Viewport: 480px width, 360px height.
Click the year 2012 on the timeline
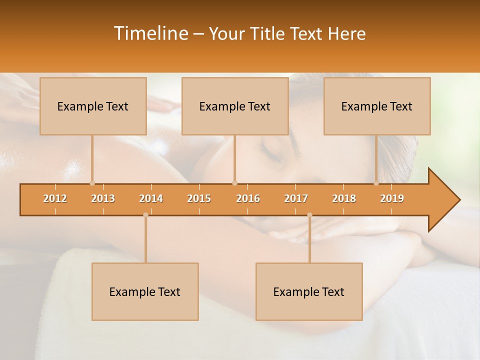pos(55,198)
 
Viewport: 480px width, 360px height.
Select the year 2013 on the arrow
pos(103,198)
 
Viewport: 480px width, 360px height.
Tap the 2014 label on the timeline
pos(151,198)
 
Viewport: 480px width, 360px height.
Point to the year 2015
pos(199,198)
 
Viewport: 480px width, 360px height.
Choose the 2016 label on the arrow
pos(248,198)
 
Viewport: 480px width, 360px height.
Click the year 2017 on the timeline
pos(296,198)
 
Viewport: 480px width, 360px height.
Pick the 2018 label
pos(344,198)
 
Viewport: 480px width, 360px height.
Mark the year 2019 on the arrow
pos(392,198)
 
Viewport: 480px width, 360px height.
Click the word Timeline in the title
pos(150,33)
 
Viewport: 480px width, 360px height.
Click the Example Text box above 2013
pos(93,106)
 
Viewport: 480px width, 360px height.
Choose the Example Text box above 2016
pos(235,106)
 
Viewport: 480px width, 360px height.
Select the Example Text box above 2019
pos(377,106)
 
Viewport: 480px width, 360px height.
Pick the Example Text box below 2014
pos(145,291)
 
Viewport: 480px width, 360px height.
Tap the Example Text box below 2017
pos(309,291)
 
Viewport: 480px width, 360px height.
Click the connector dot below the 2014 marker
pos(145,215)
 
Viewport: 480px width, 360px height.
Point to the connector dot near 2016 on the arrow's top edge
pos(235,183)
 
